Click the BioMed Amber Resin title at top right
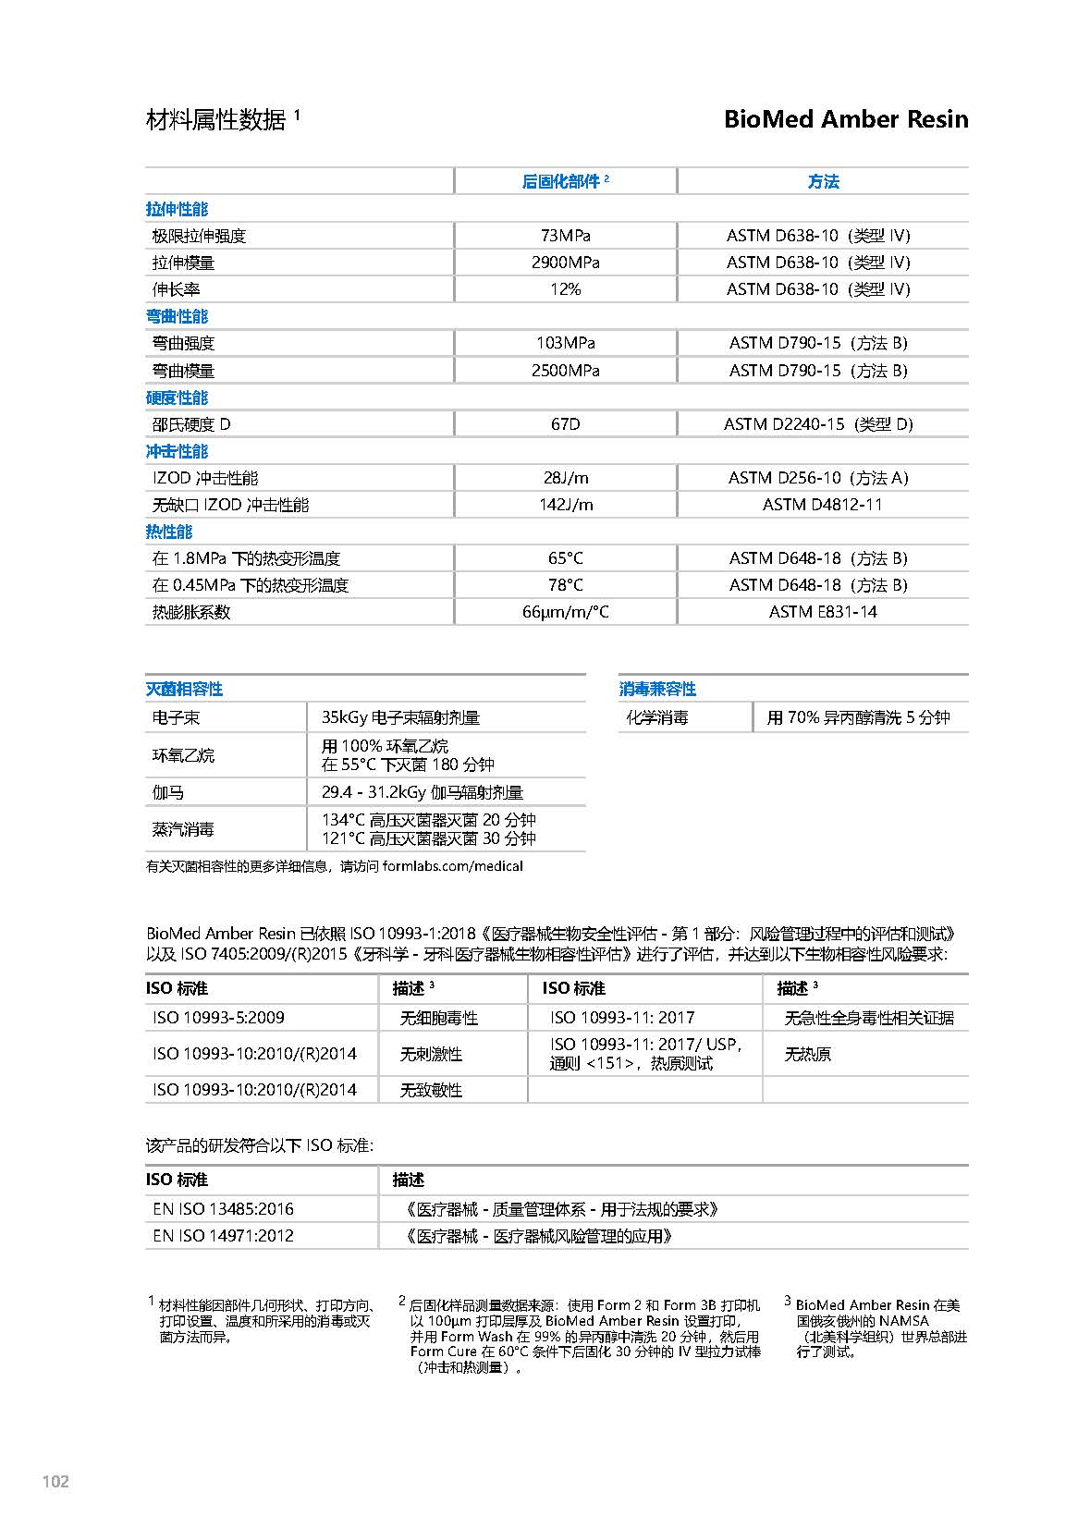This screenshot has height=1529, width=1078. pos(845,119)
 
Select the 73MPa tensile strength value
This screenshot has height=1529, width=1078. pos(565,236)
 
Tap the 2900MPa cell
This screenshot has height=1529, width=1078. pos(565,263)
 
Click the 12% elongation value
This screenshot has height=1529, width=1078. pos(565,289)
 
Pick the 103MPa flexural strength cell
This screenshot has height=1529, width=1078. pos(565,343)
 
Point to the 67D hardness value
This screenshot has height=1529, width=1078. pos(565,424)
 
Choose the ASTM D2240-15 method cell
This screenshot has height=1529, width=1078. pos(817,424)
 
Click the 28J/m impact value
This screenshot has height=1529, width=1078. pos(565,478)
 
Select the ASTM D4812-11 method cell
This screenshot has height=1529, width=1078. pos(822,505)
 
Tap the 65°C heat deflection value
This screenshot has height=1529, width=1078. pos(565,558)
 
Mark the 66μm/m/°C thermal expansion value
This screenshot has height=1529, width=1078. pos(565,612)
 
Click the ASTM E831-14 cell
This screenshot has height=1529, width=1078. pos(822,612)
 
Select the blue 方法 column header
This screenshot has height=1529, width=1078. pos(823,182)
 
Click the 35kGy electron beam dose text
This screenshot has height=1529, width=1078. pos(400,717)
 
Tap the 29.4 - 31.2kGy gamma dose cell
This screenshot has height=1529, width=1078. pos(422,792)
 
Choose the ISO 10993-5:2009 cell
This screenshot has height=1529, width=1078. pos(218,1018)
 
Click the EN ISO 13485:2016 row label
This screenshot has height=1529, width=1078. pos(223,1209)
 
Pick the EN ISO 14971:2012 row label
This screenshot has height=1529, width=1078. pos(223,1236)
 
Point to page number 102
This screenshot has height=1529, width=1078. pos(55,1482)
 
